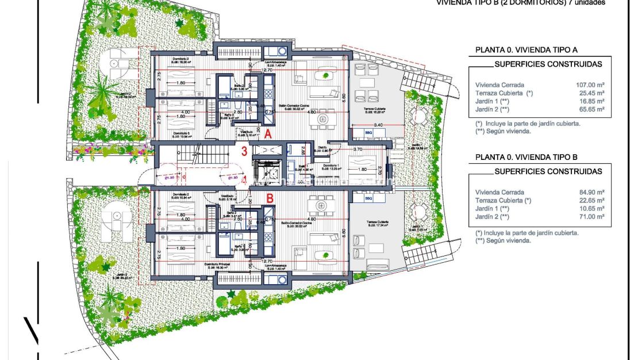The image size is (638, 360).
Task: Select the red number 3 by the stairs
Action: [244, 152]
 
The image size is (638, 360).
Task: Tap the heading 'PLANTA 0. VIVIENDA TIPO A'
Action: [525, 50]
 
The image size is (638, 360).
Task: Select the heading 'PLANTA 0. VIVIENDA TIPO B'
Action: [525, 157]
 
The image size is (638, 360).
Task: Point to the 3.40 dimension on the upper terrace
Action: [378, 124]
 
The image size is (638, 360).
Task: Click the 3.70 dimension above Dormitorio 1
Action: [357, 149]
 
